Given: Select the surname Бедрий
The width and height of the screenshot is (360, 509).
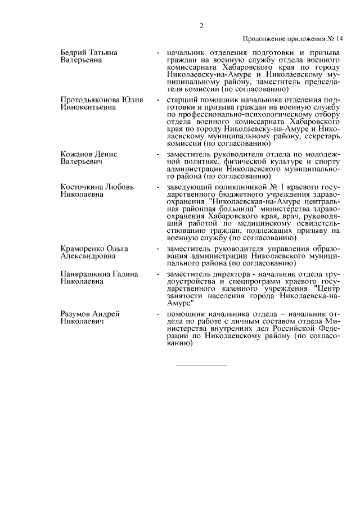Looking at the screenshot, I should pos(74,52).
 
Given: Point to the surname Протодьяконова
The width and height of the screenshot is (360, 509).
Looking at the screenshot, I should pos(89,100).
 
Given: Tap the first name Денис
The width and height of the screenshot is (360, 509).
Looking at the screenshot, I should pos(106,154).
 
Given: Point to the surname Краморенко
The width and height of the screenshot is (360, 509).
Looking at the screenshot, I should pos(83,249).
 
